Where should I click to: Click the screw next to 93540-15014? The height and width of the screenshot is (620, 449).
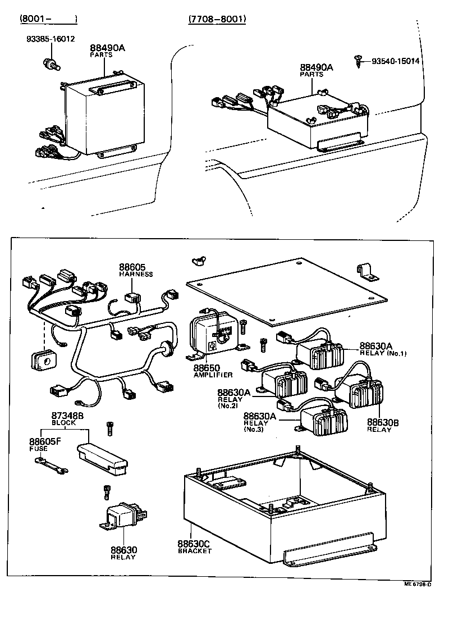coord(358,60)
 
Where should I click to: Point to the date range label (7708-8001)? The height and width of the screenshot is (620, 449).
coord(217,19)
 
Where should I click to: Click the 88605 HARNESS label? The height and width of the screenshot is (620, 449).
coord(135,270)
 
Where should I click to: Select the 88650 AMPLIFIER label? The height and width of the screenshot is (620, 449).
coord(213,371)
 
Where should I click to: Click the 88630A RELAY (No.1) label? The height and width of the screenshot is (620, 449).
coord(383,349)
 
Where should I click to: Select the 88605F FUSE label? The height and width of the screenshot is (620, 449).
coord(45,445)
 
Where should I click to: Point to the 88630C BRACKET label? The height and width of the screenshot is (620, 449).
coord(194,547)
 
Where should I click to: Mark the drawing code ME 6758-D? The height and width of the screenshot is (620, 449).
coord(418,584)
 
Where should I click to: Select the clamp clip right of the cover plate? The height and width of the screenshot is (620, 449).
coord(366,271)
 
